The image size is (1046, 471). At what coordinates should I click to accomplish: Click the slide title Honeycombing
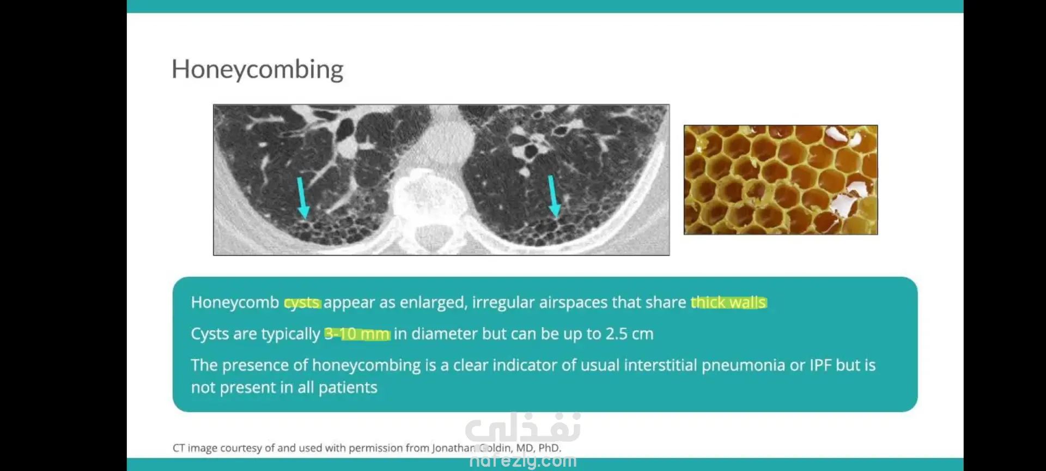pos(257,70)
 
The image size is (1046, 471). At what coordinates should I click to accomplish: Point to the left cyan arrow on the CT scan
pos(301,197)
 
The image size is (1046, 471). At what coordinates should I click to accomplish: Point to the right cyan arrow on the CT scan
pos(554,196)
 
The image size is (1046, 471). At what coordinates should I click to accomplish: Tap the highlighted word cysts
pos(302,303)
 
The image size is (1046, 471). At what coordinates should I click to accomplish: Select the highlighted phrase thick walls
pos(728,302)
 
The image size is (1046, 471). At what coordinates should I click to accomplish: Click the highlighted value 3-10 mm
pos(357,334)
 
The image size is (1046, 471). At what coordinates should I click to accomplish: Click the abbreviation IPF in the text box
pos(820,365)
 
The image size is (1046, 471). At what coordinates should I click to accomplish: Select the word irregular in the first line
pos(503,303)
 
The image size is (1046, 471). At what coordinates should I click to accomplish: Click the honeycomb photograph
pos(781,180)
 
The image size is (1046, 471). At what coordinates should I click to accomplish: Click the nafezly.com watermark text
pos(522,461)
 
